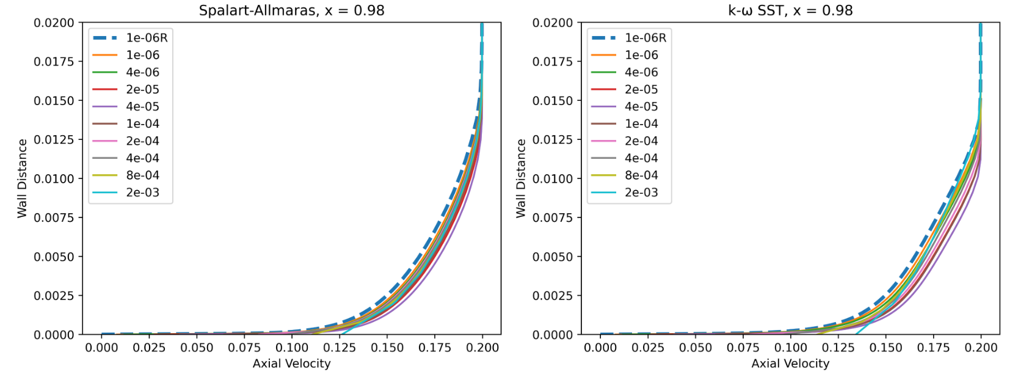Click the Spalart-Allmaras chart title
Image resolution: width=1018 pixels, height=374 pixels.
291,10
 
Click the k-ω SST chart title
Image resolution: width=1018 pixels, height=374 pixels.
790,10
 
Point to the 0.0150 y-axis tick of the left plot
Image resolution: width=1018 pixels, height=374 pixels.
54,101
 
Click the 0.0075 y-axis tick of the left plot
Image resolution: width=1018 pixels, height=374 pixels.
54,218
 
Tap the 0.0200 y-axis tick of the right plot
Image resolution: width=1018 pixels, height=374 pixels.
553,23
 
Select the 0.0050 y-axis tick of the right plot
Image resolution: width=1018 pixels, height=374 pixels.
553,257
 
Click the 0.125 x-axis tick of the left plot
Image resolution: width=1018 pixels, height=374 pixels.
340,348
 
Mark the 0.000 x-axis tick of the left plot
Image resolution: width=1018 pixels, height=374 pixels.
101,348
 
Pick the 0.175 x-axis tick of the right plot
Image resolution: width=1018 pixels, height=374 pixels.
933,348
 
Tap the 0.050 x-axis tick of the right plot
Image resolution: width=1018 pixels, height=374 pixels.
695,348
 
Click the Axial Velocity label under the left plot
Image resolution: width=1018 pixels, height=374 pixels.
291,364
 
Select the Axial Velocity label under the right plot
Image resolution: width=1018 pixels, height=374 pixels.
790,364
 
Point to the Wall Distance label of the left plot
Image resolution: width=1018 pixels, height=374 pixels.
23,178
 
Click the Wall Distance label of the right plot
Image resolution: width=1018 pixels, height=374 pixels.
521,178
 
